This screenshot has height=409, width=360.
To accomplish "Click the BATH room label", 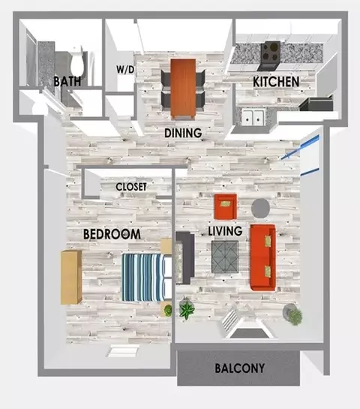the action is point(67,81).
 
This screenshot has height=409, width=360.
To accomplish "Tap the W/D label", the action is point(125,69).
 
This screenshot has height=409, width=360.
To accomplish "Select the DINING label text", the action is point(183,133).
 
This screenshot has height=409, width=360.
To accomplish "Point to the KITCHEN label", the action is point(276,82).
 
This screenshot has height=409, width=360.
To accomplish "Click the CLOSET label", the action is point(130,187).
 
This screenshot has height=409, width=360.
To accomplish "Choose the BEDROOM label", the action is point(112,234).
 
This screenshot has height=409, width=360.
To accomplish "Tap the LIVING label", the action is point(225,231).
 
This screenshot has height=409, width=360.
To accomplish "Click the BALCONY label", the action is point(239,368).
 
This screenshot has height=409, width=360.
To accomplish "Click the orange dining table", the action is point(183,89).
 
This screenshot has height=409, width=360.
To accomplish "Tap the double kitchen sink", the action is point(253,117).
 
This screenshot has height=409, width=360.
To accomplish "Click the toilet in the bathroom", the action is point(77,62).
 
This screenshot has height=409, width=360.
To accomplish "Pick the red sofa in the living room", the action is point(262,257).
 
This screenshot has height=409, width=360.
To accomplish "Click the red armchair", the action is point(226,206).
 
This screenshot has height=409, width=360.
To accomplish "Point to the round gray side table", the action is point(260,208).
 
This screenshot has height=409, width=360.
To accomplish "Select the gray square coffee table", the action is point(225,257).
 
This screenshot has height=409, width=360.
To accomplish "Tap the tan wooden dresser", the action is point(71,277).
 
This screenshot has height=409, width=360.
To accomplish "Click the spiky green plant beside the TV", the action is point(187,310).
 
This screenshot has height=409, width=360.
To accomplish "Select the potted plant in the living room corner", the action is point(294,314).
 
